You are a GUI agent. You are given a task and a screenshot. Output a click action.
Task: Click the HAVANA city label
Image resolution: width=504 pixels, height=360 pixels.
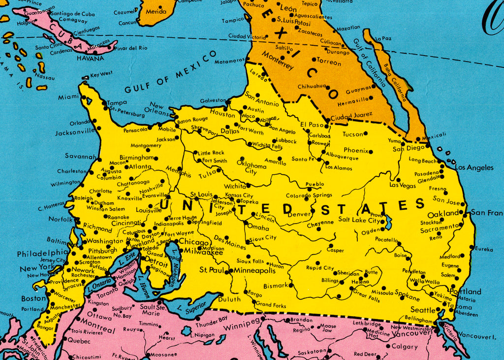90,58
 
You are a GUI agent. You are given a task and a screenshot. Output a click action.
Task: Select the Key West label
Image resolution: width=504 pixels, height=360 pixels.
101,73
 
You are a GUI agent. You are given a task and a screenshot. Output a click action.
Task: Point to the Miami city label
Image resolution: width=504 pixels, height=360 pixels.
68,97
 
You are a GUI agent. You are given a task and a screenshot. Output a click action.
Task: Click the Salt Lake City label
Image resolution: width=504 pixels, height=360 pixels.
359,220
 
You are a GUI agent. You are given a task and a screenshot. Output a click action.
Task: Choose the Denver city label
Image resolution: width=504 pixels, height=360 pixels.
299,214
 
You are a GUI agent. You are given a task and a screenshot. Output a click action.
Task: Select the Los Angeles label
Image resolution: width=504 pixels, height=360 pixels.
474,167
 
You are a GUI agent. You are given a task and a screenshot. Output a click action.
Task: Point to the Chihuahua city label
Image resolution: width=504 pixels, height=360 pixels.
312,87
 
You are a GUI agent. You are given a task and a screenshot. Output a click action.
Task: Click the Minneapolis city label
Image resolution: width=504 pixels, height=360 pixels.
254,270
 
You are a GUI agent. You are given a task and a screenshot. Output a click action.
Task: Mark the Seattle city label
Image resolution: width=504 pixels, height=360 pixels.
423,310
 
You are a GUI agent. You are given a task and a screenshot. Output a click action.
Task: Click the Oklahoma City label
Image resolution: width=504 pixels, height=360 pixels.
251,168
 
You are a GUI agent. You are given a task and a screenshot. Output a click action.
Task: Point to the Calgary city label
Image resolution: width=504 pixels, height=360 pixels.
405,346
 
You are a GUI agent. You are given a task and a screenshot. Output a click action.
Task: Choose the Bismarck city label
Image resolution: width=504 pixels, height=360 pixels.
276,286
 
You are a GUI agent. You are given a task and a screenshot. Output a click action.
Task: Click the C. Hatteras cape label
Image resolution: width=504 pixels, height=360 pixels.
51,208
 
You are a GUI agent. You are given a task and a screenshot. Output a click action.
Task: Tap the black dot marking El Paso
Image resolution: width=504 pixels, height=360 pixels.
327,121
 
